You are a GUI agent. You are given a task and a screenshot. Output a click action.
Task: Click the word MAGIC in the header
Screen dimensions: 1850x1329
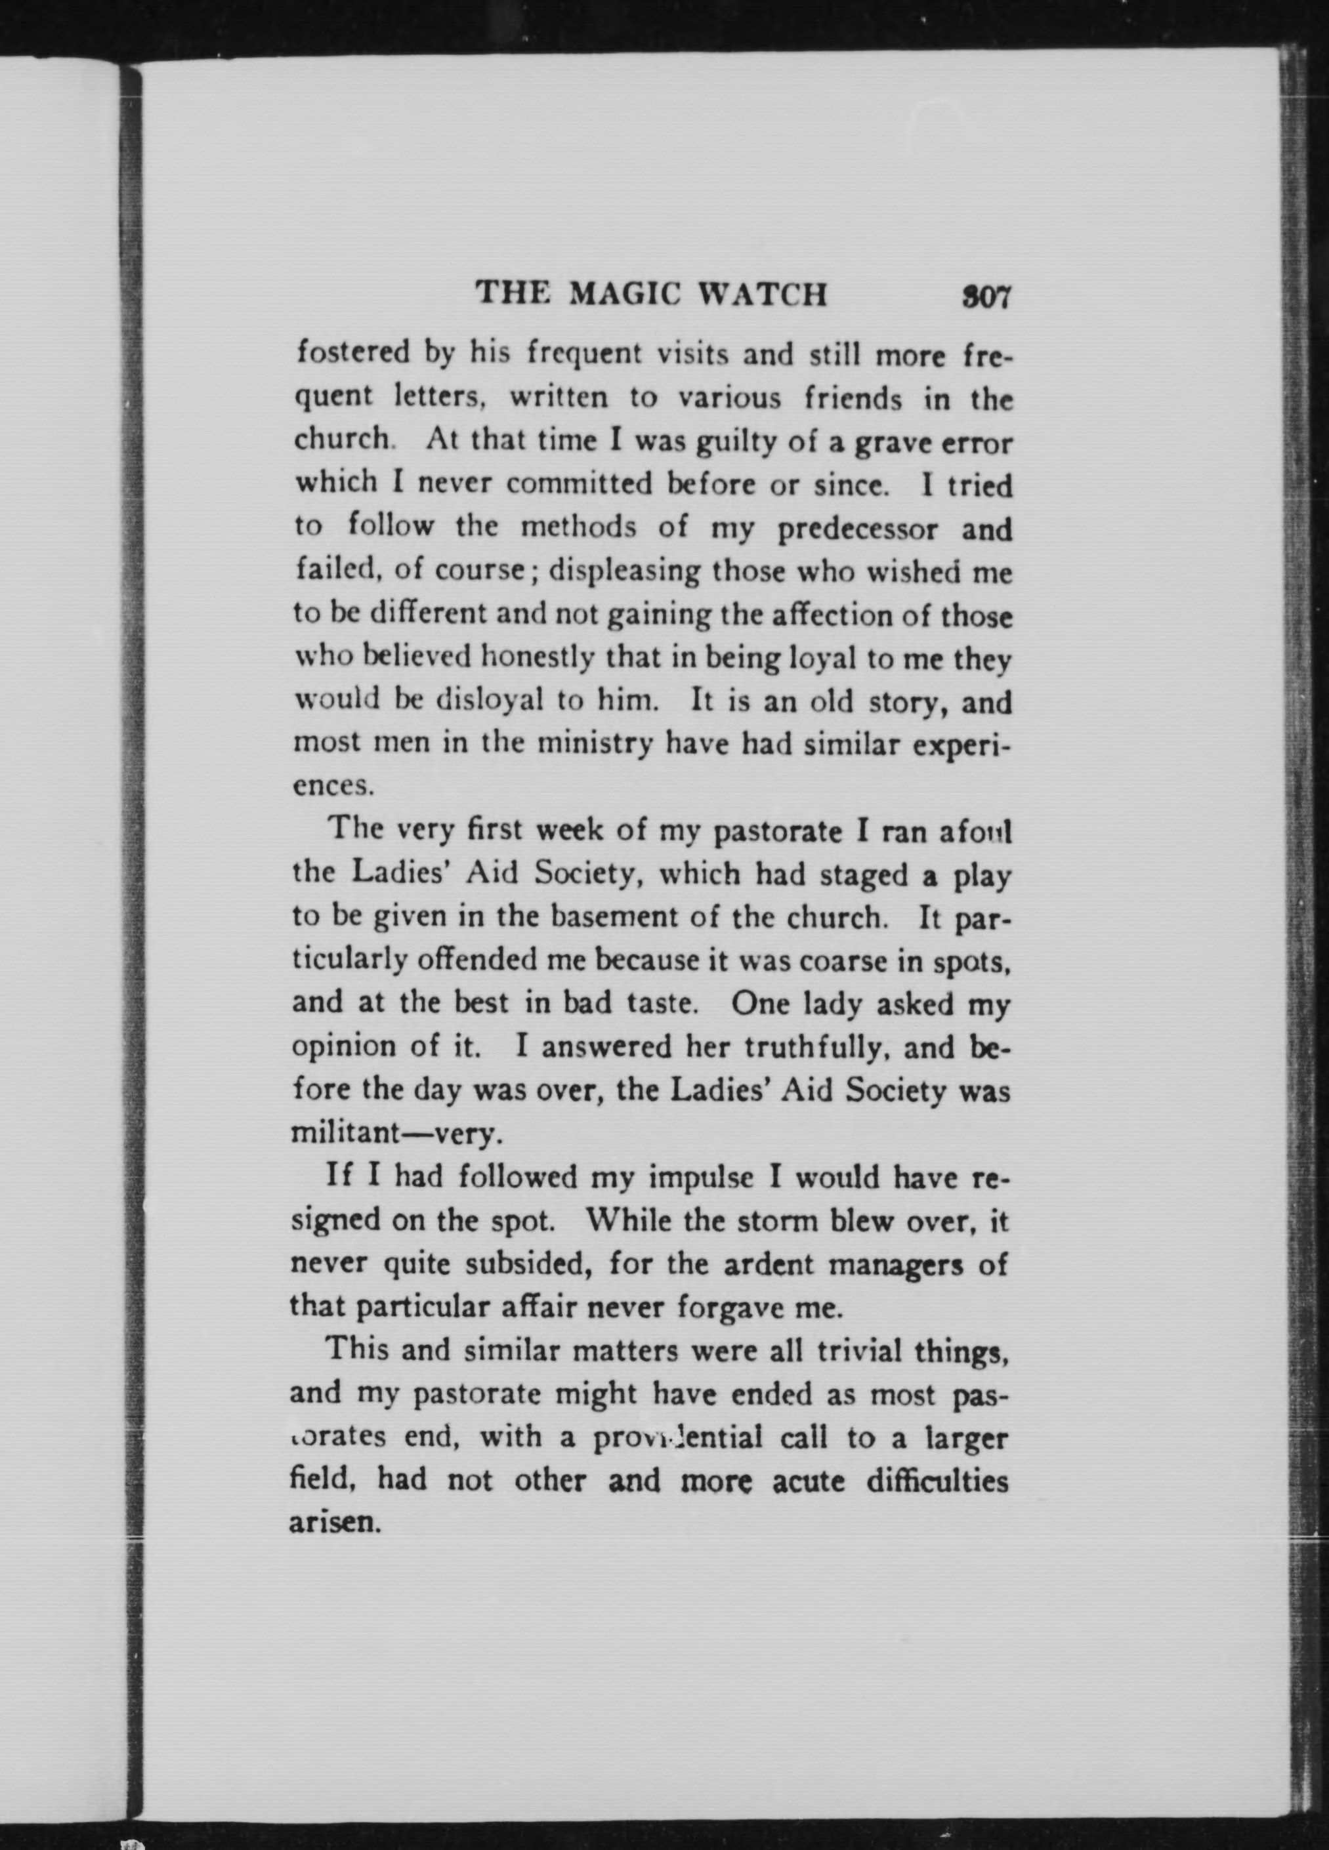623,294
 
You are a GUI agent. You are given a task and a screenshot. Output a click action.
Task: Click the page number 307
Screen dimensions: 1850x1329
986,295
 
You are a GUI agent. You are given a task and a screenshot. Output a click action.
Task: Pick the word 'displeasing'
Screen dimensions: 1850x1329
623,571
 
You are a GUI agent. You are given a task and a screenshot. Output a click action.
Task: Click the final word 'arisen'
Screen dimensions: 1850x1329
335,1522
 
